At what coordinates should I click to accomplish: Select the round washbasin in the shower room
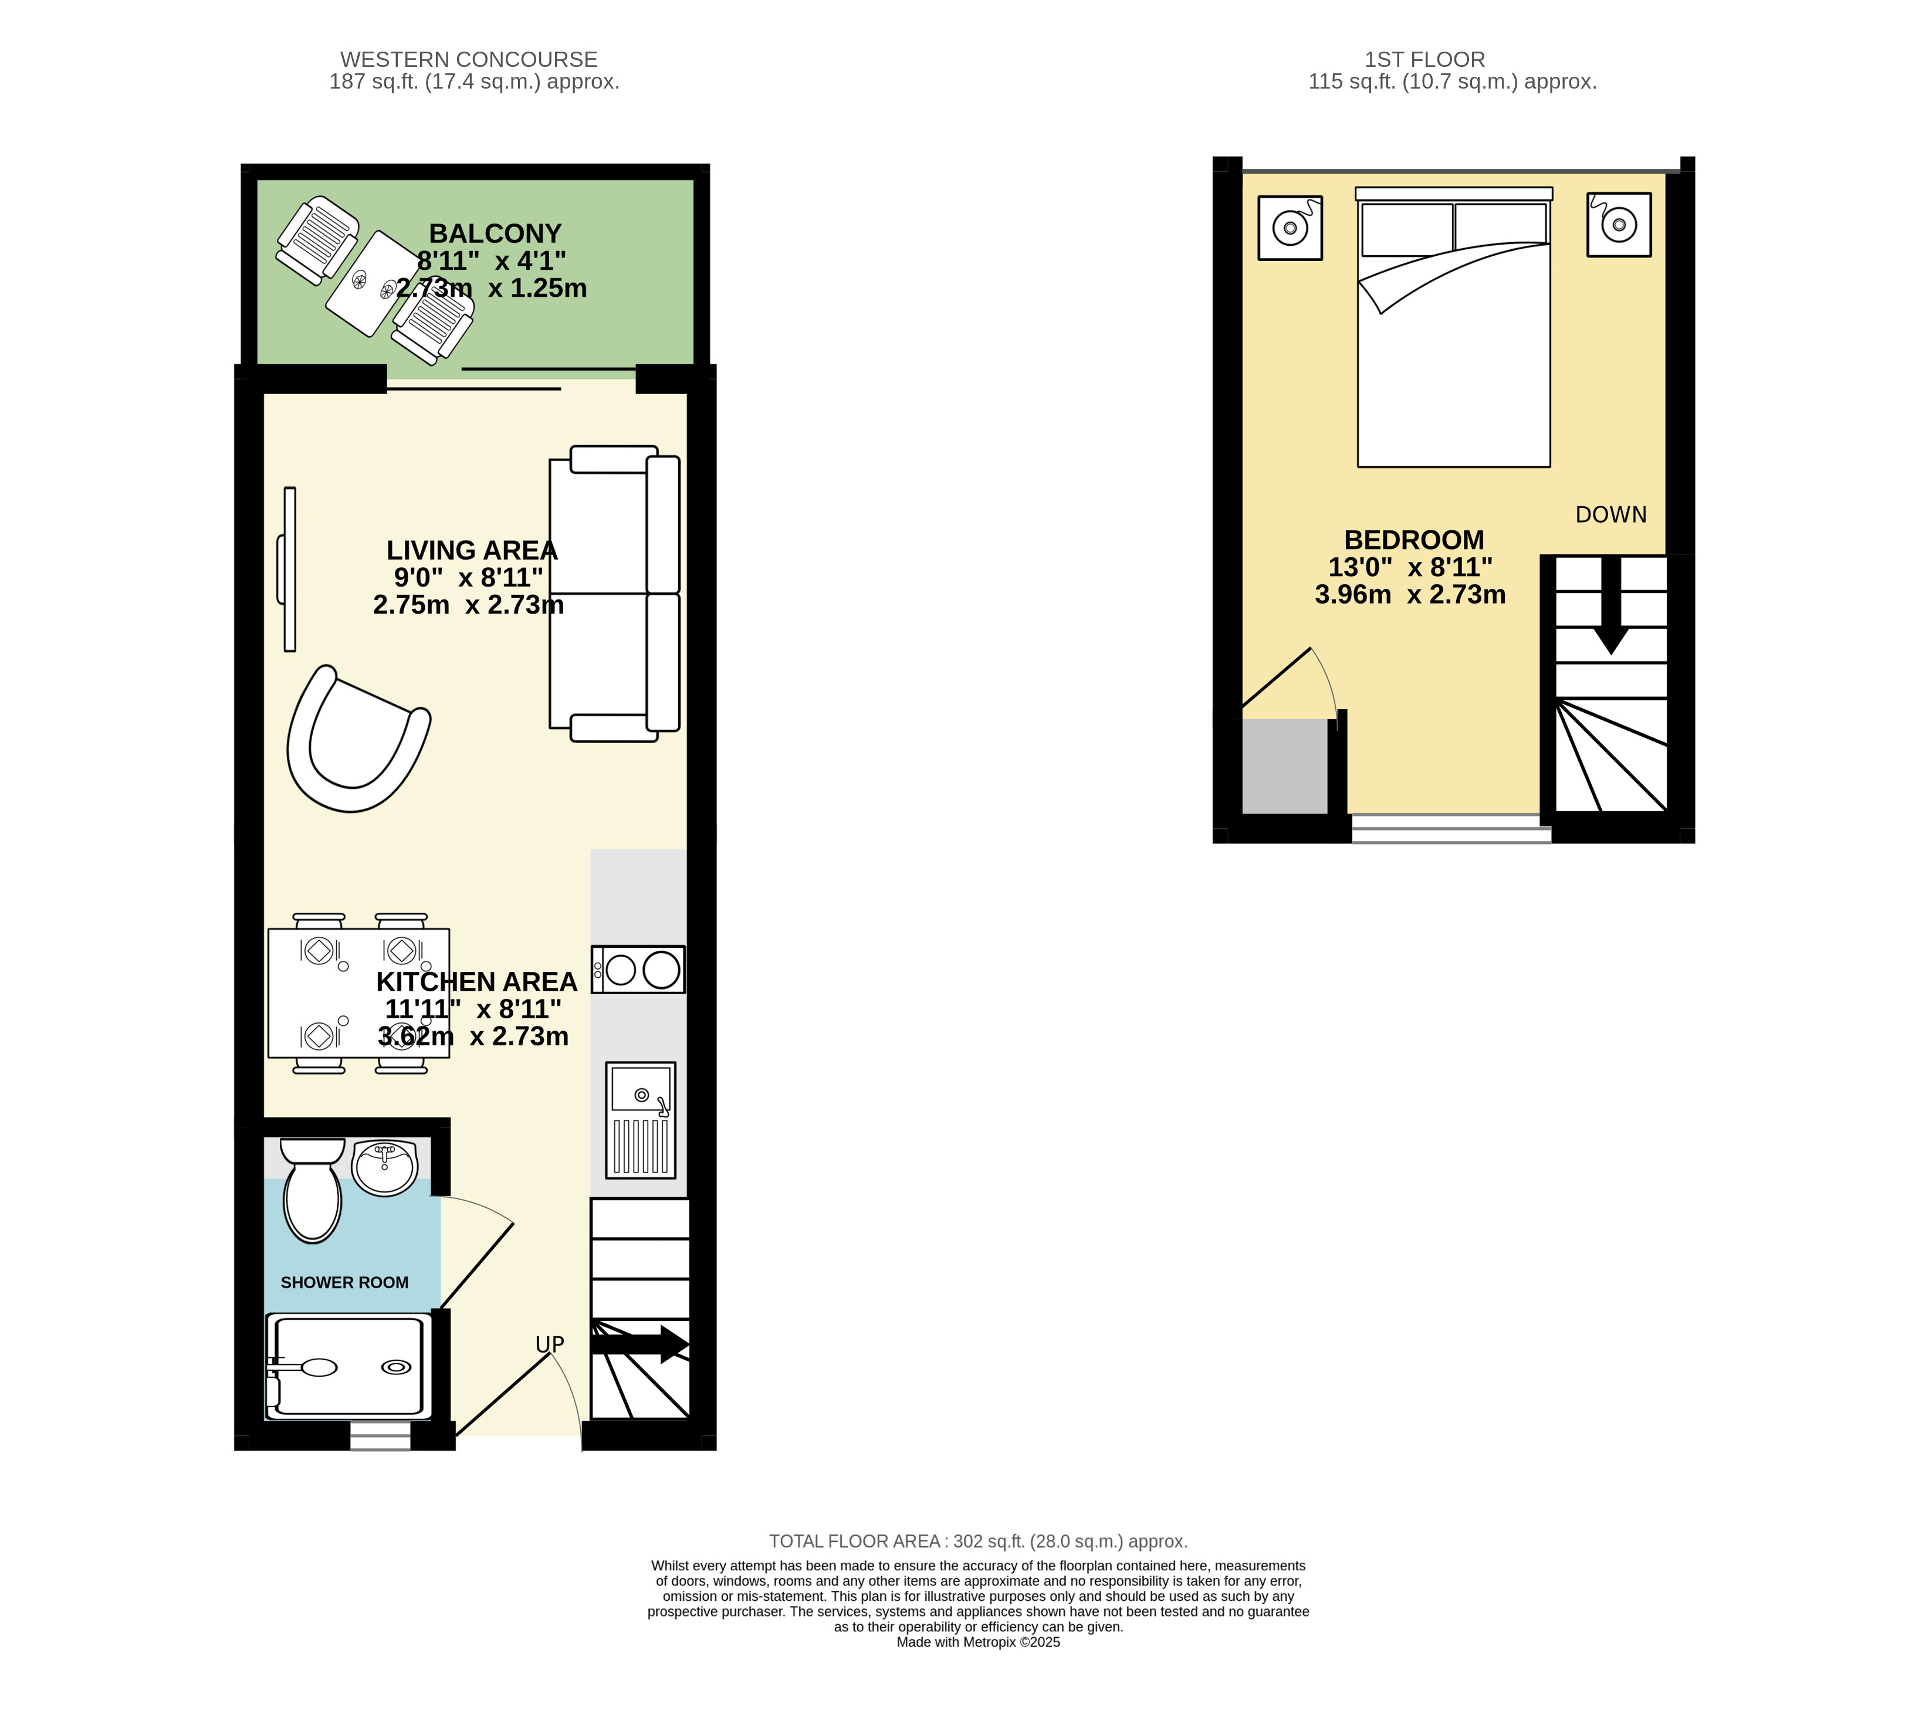(x=384, y=1167)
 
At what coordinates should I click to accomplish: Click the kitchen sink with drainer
(x=641, y=1119)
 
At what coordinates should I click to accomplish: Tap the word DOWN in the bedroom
(x=1611, y=514)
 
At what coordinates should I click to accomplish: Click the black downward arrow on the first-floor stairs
(x=1611, y=605)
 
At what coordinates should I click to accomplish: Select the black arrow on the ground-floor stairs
(x=640, y=1344)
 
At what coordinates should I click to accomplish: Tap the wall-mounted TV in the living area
(x=288, y=569)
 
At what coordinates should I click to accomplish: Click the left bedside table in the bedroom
(x=1290, y=228)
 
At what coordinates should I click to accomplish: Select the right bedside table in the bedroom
(x=1619, y=225)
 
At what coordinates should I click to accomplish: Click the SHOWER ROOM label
(x=344, y=1283)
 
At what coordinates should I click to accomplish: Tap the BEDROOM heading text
(x=1414, y=540)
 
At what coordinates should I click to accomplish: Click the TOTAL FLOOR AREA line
(x=978, y=1542)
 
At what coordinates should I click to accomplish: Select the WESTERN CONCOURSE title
(x=469, y=59)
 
